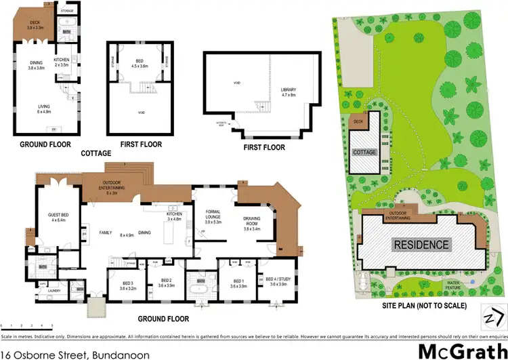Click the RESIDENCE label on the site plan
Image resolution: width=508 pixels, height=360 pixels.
pos(422,245)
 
